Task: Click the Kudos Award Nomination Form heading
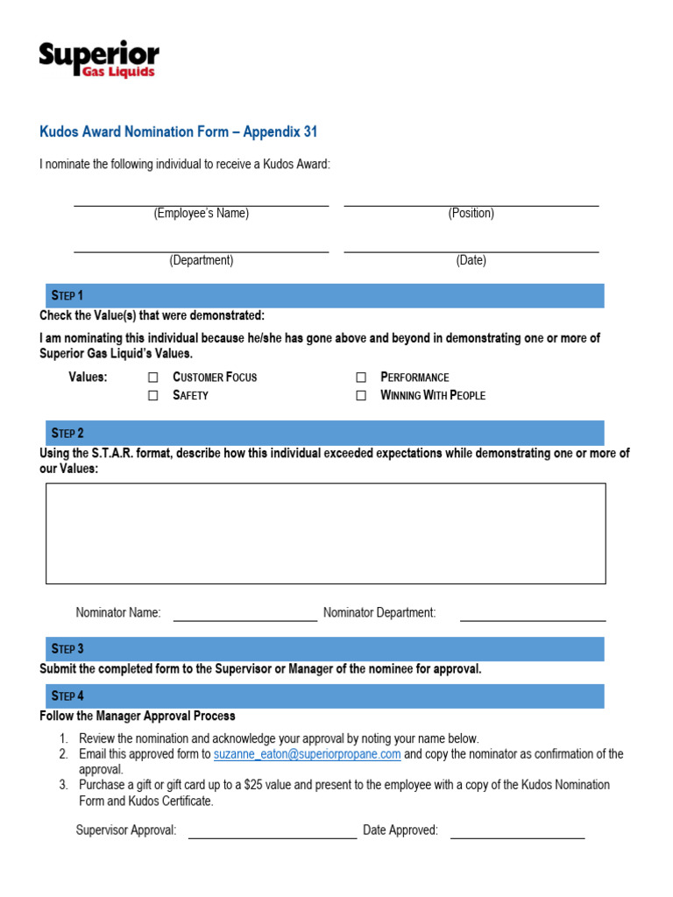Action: click(178, 132)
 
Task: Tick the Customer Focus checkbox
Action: click(153, 378)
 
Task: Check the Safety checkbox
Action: click(153, 396)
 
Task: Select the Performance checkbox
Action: click(361, 378)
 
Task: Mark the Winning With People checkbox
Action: click(361, 396)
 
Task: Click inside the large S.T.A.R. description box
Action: click(325, 533)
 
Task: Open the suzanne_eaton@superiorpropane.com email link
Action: click(307, 754)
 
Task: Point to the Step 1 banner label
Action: click(67, 296)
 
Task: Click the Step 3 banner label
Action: click(67, 649)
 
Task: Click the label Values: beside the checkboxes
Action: click(88, 378)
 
